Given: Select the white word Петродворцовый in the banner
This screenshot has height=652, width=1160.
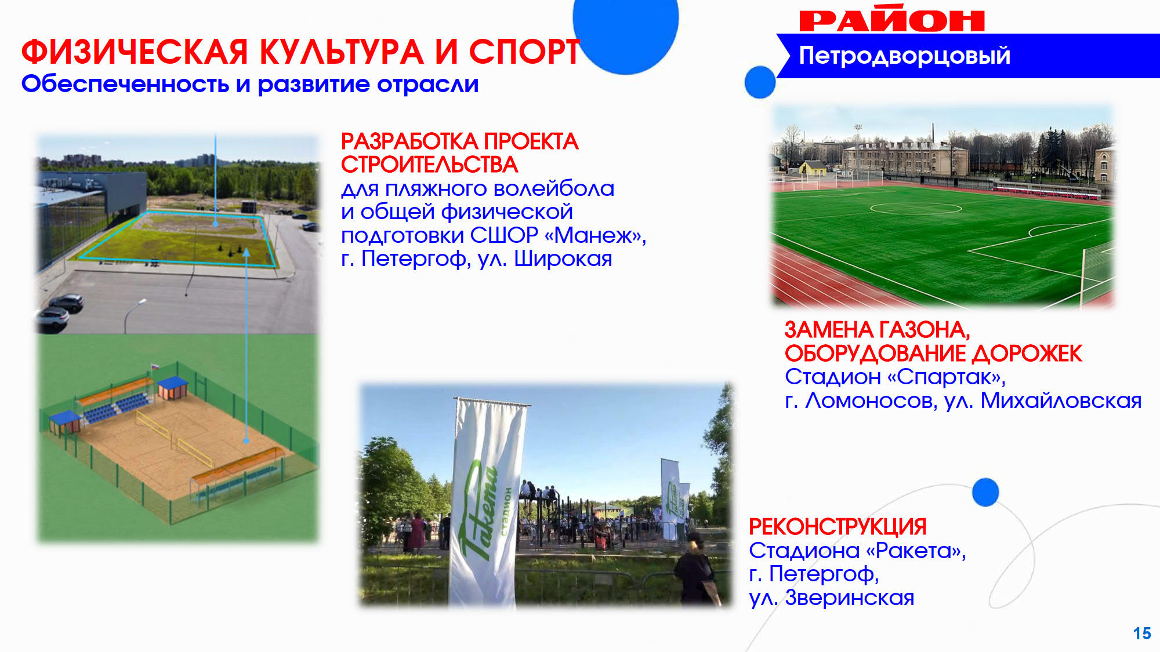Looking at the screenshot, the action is tap(904, 56).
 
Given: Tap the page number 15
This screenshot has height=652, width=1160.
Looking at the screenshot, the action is tap(1142, 633).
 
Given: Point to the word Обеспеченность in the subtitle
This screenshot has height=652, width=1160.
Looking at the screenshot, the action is tap(125, 85).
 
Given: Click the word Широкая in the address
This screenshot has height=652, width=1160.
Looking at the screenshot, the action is tap(563, 259).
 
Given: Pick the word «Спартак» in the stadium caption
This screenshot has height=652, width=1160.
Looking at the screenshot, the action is tap(947, 377).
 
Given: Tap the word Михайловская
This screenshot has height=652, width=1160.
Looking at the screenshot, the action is tap(1061, 400).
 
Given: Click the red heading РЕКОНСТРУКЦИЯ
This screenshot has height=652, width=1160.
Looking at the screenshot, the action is tap(838, 527).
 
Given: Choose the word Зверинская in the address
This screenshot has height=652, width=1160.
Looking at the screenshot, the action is tap(849, 598).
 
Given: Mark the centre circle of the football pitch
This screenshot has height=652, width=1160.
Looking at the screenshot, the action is tap(916, 208).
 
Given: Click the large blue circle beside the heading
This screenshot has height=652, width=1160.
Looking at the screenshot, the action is tap(626, 29).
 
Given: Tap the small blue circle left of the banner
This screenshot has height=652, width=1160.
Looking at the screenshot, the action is tap(760, 82).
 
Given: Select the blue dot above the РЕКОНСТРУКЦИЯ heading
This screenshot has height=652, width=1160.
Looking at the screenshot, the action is tap(985, 492).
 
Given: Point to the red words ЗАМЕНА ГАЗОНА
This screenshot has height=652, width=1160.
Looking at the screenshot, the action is tap(877, 330).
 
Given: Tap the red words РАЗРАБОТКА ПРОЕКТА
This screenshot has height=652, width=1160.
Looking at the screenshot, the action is tap(459, 142).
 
